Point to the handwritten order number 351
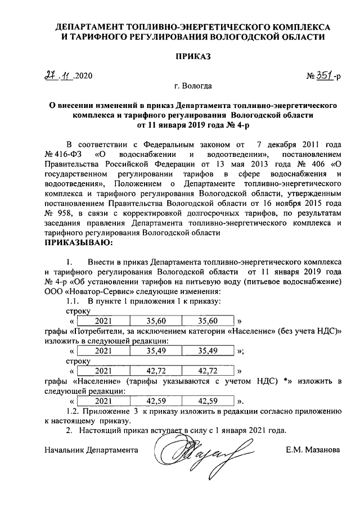322,75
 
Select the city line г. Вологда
193,87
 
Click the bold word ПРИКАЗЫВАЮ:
78,243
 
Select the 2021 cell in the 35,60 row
105,321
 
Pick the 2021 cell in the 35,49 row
105,351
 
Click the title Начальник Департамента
91,451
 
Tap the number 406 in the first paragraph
318,164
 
